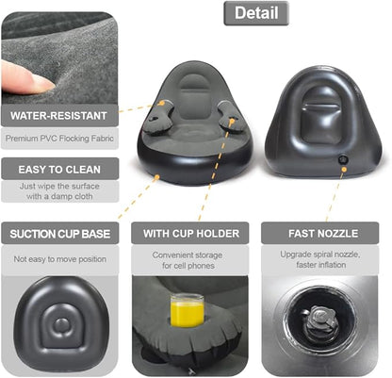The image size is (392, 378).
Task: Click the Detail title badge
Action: click(255, 13)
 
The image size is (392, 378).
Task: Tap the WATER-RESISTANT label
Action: click(58, 117)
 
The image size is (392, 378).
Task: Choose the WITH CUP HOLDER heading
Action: click(190, 233)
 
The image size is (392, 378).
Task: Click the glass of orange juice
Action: click(187, 309)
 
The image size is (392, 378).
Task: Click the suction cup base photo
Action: click(58, 324)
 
